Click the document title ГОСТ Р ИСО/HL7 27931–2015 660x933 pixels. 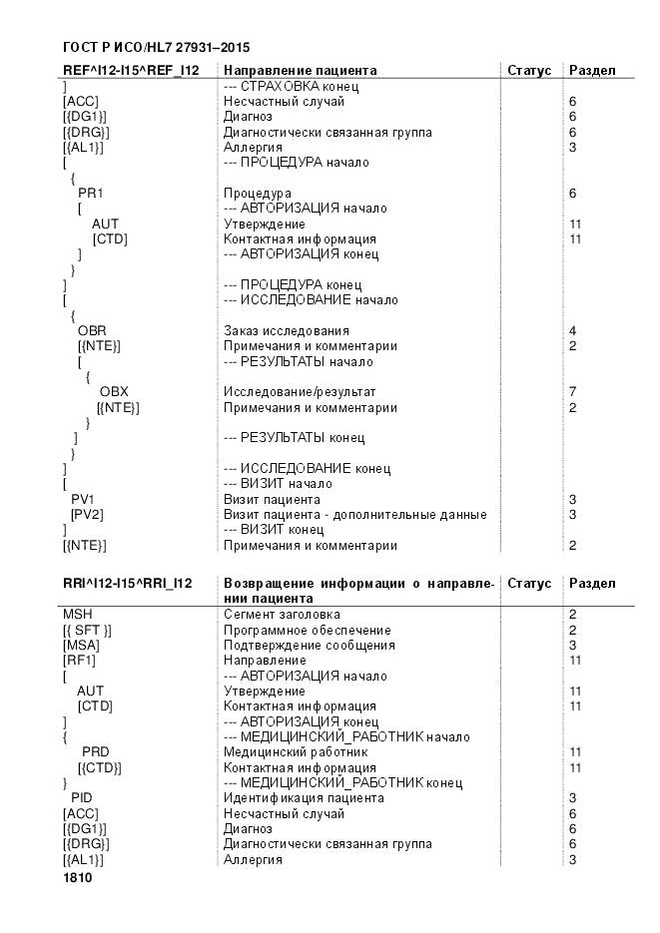tap(156, 47)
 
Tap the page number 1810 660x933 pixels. tap(78, 878)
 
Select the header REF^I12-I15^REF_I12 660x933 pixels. tap(131, 71)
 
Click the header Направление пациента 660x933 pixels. tap(301, 71)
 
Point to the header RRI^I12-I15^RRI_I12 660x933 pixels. tap(128, 583)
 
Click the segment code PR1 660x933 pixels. tap(91, 193)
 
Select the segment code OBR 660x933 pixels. tap(92, 331)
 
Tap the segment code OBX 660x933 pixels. tap(114, 392)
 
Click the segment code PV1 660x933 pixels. tap(82, 499)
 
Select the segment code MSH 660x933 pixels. tap(76, 615)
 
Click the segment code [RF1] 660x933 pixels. tap(80, 661)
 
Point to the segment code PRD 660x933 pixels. tap(95, 752)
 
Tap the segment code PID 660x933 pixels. tap(82, 798)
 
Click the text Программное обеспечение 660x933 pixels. tap(308, 631)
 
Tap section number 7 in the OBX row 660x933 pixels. tap(572, 392)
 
